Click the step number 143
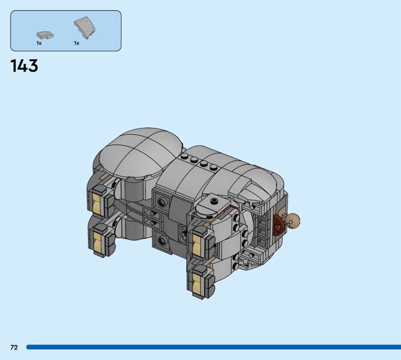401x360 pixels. point(24,66)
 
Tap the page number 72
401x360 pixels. point(15,347)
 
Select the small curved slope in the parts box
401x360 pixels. point(45,35)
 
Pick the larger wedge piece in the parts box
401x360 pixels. point(85,28)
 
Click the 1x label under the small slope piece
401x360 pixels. point(39,43)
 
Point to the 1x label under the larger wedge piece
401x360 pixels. point(77,43)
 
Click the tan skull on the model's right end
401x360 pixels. point(293,220)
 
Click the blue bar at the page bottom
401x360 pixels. point(214,347)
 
